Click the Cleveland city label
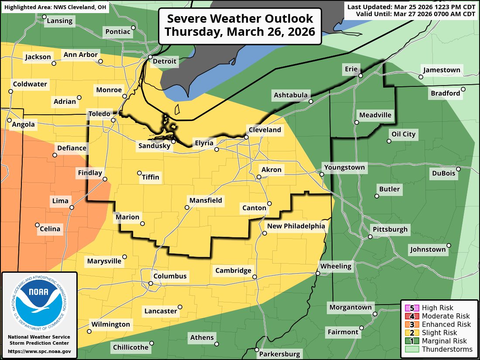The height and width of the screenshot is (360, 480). [264, 130]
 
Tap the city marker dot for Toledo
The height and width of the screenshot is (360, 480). [113, 120]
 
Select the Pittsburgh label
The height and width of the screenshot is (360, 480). [390, 229]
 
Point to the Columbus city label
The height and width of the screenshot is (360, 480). [170, 276]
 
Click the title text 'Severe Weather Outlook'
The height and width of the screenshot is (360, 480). [240, 19]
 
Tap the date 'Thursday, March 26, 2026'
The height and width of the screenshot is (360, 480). [240, 32]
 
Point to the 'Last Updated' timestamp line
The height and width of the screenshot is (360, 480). [411, 7]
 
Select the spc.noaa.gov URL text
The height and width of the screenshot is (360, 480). [39, 351]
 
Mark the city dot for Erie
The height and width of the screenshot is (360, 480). [361, 75]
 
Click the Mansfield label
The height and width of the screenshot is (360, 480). [206, 201]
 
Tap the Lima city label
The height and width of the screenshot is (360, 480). [60, 201]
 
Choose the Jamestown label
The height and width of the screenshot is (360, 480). [441, 70]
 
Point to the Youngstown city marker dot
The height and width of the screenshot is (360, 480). [322, 174]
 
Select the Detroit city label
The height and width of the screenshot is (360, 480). [165, 62]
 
